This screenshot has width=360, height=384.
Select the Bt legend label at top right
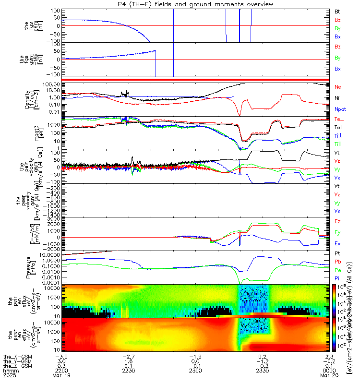(337, 11)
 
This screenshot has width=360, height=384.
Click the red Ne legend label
(337, 86)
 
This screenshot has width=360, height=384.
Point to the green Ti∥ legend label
(338, 144)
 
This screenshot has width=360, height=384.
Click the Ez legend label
(337, 221)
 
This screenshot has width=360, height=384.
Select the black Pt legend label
(337, 252)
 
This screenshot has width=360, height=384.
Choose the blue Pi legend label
(337, 278)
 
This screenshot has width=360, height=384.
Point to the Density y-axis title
(30, 99)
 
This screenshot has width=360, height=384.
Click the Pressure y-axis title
(30, 267)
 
